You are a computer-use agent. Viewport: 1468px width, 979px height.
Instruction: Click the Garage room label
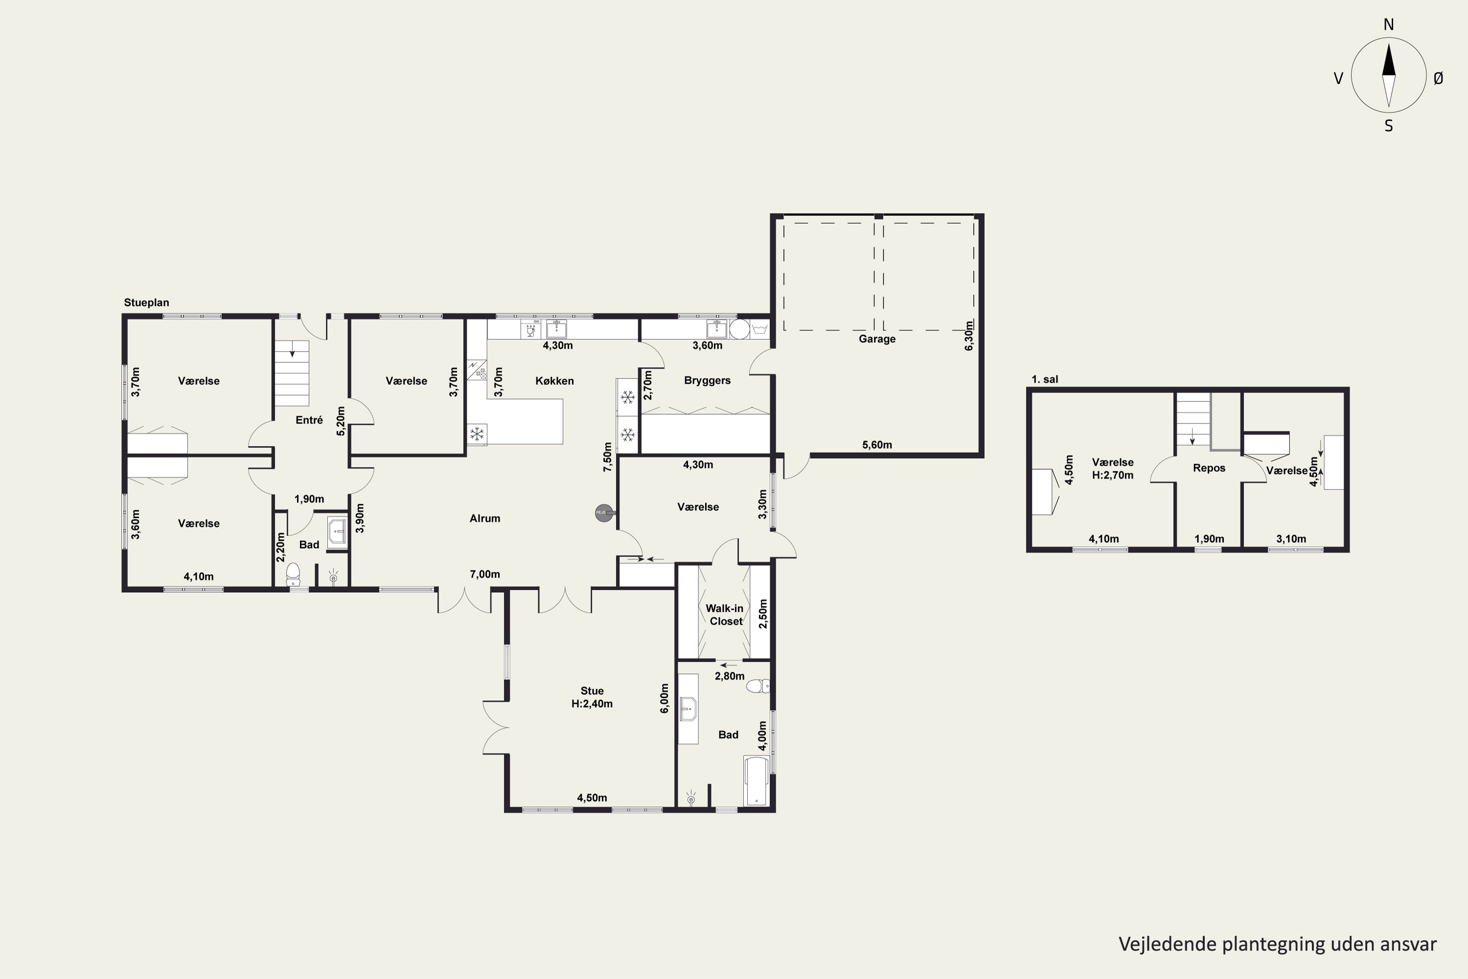pyautogui.click(x=877, y=339)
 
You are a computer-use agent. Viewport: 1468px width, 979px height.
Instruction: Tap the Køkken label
pyautogui.click(x=554, y=381)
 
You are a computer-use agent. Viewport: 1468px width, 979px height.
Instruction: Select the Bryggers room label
pyautogui.click(x=707, y=381)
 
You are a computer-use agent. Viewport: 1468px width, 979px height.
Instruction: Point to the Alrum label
pyautogui.click(x=484, y=518)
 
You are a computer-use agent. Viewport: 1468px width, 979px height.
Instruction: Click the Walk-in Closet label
pyautogui.click(x=725, y=614)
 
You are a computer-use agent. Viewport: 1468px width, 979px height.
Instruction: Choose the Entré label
pyautogui.click(x=309, y=420)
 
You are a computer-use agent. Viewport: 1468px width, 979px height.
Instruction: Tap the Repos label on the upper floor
pyautogui.click(x=1209, y=468)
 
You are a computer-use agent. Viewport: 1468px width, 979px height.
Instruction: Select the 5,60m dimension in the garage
pyautogui.click(x=877, y=445)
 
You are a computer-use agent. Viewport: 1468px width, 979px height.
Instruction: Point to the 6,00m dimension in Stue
pyautogui.click(x=665, y=698)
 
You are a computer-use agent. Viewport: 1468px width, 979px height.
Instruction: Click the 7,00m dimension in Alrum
pyautogui.click(x=485, y=574)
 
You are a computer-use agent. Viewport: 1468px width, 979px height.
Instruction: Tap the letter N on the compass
pyautogui.click(x=1389, y=24)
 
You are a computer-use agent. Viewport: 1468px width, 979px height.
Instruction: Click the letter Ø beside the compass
pyautogui.click(x=1439, y=78)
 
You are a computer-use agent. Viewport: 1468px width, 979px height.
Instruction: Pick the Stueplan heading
pyautogui.click(x=146, y=303)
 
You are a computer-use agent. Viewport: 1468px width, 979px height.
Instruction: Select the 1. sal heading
pyautogui.click(x=1045, y=379)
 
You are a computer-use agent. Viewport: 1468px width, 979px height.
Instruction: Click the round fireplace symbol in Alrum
pyautogui.click(x=603, y=513)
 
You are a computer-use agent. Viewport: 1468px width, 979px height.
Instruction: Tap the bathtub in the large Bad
pyautogui.click(x=757, y=781)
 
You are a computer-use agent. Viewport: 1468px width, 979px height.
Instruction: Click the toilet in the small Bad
pyautogui.click(x=293, y=574)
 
